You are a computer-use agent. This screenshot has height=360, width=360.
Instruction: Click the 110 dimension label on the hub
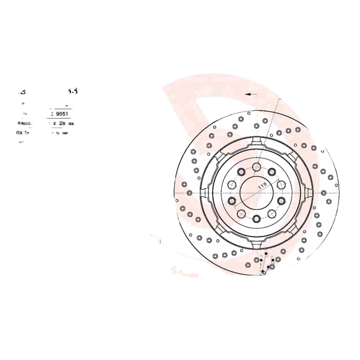(263, 185)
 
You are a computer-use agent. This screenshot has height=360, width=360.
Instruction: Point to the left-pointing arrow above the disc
(249, 94)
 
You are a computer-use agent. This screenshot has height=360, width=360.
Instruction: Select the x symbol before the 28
(54, 123)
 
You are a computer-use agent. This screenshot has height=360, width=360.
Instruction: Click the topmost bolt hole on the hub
(256, 166)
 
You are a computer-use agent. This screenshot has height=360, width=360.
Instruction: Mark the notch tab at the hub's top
(256, 143)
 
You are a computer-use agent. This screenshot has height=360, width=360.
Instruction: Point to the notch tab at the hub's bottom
(256, 243)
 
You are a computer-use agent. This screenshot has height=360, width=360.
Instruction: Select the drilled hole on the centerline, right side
(324, 193)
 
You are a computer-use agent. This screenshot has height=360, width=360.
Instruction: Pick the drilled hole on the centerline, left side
(189, 193)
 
